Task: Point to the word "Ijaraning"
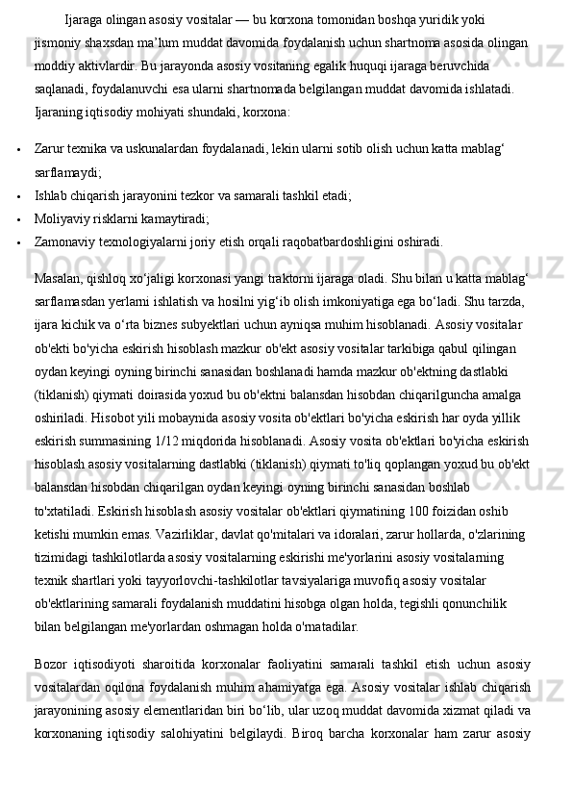click(60, 113)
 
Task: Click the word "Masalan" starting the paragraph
click(57, 280)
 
